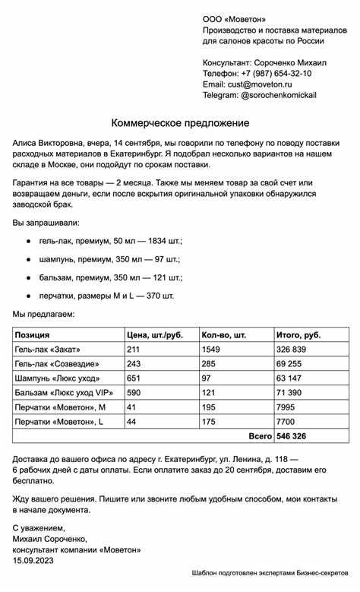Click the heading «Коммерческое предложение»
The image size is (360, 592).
[180, 123]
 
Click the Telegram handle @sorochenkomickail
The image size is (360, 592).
[279, 96]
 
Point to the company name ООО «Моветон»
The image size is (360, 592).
[235, 18]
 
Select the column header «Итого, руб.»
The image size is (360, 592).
[299, 334]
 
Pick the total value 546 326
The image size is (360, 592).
[294, 436]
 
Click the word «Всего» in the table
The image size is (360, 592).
[261, 436]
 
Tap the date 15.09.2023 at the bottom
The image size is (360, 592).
[34, 561]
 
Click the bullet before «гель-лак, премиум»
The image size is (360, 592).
[28, 240]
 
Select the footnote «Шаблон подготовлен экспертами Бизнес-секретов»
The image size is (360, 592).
[270, 571]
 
